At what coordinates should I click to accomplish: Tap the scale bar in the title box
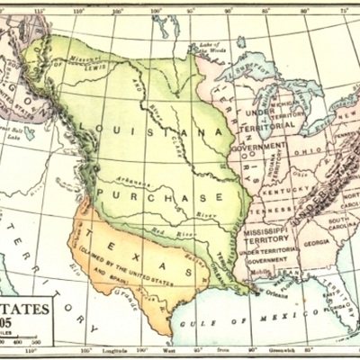[22, 343]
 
